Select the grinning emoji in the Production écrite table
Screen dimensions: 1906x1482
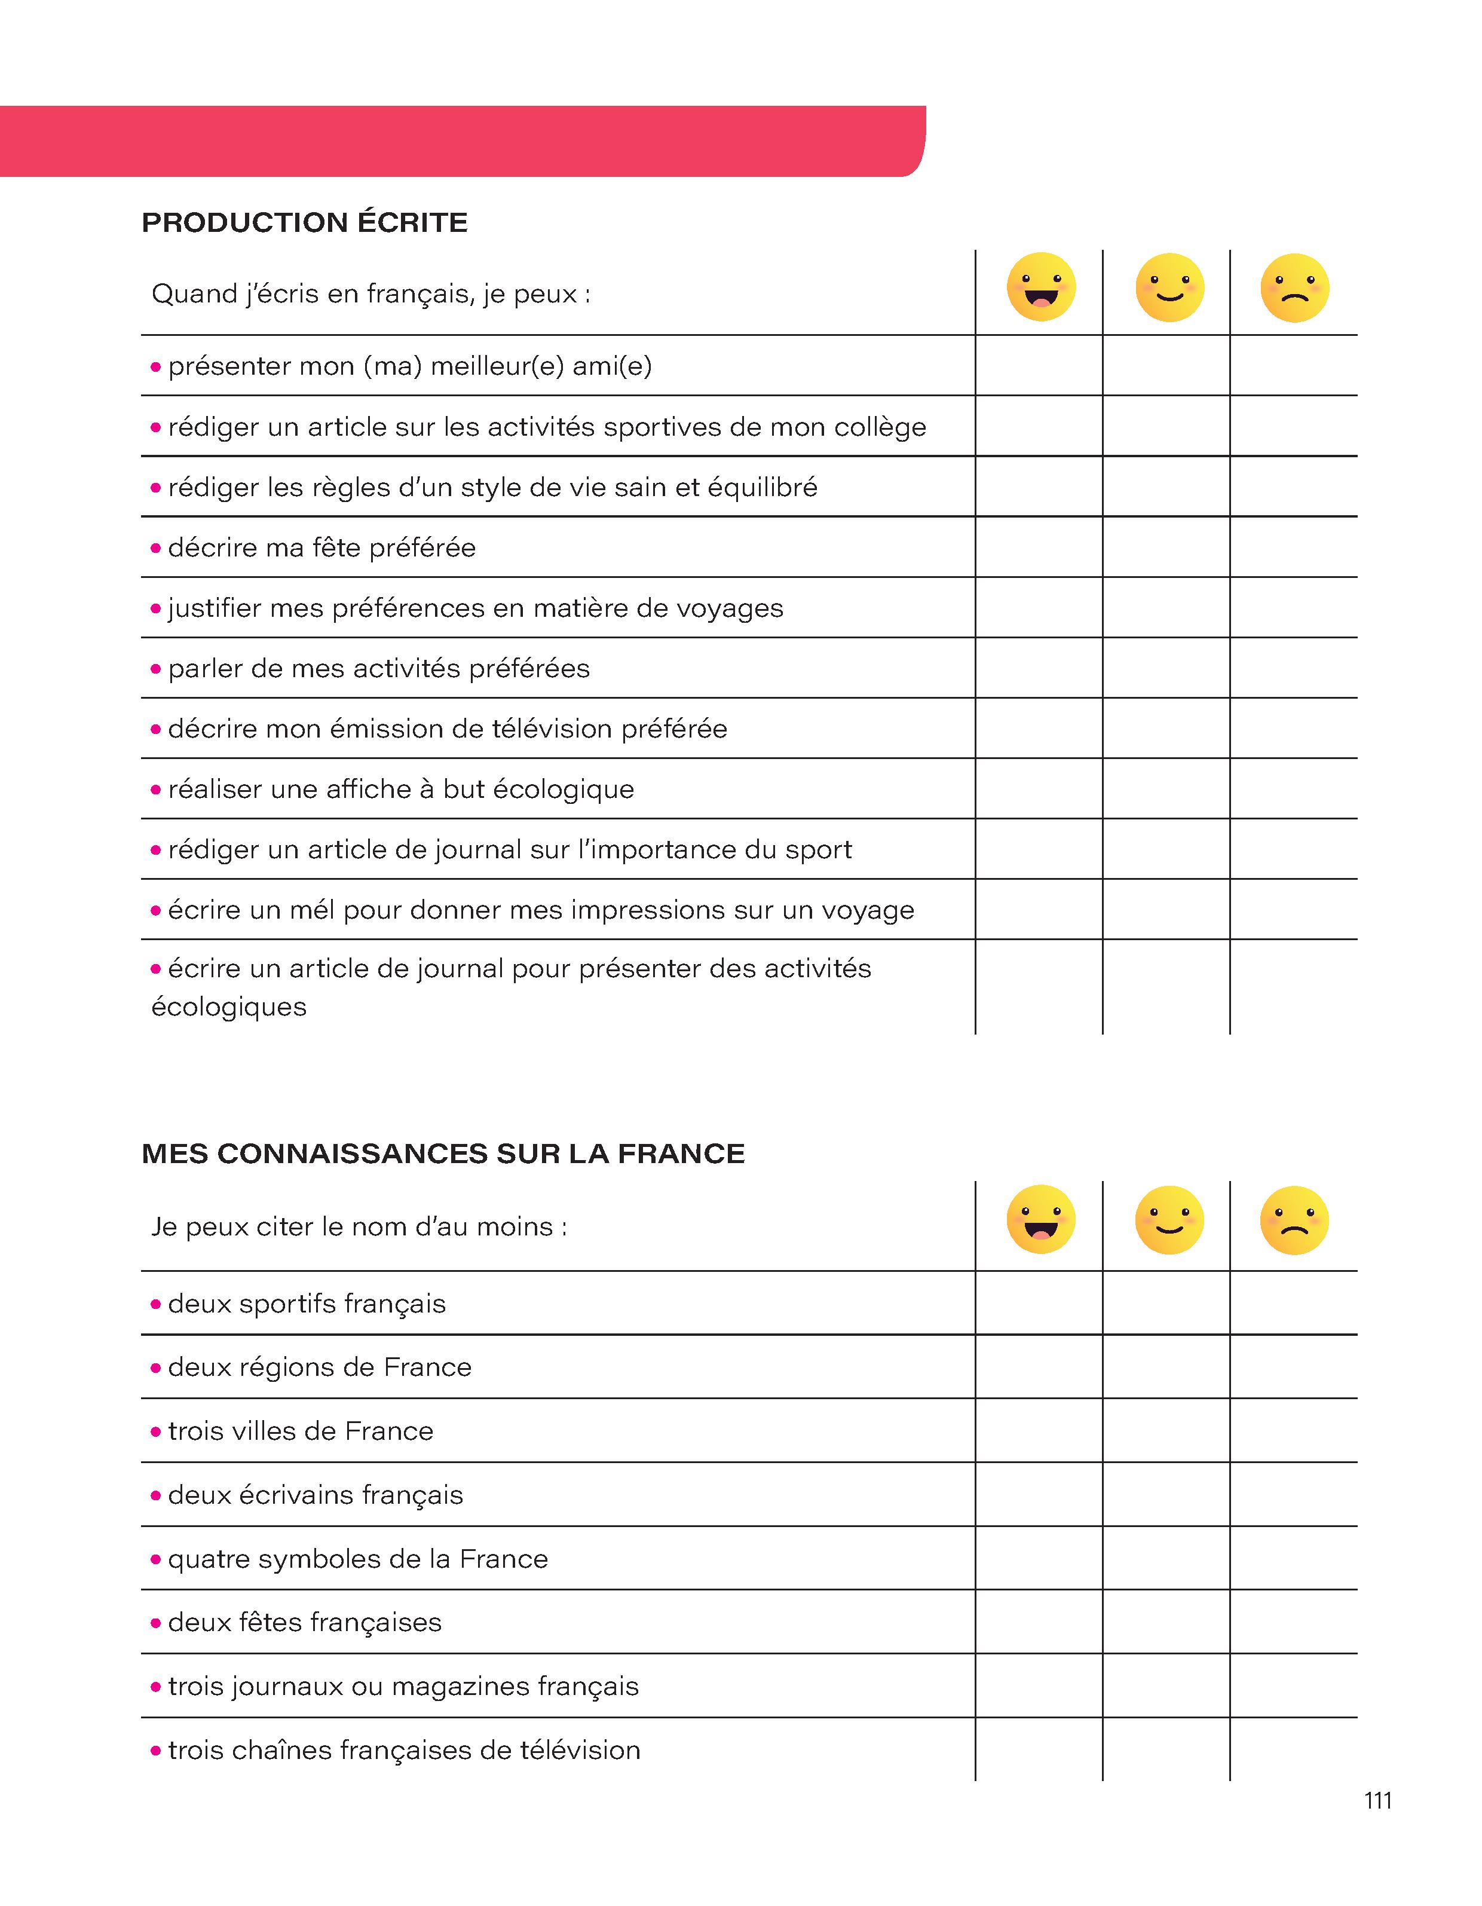pos(1040,287)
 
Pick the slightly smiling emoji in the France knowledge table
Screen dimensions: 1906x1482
pos(1169,1220)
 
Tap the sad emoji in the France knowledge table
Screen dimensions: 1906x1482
pos(1294,1220)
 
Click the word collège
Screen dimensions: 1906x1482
pos(880,427)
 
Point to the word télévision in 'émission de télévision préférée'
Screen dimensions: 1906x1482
pos(553,729)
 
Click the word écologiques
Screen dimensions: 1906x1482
pos(229,1007)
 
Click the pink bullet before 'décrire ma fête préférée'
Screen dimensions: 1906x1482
pos(156,549)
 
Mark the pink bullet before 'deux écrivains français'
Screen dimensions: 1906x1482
pos(156,1496)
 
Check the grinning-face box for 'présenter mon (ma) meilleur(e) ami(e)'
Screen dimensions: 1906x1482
pos(1039,366)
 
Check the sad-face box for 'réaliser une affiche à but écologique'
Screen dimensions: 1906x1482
pos(1294,789)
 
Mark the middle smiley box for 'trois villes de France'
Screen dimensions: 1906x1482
pos(1166,1431)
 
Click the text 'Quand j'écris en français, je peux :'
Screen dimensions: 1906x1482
pos(371,294)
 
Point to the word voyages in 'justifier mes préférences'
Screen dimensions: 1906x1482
pos(733,608)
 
